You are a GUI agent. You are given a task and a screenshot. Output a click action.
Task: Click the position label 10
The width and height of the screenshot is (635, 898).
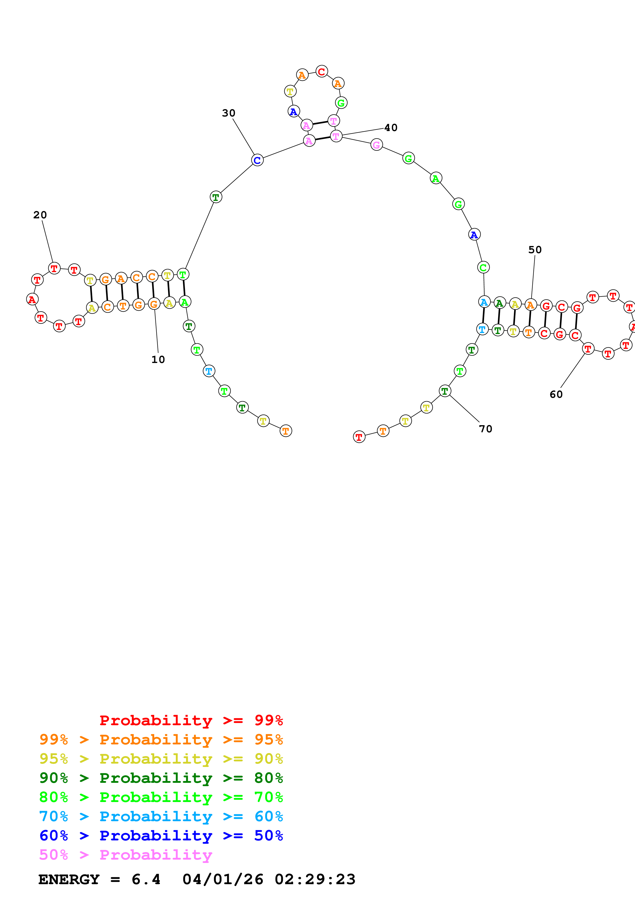(158, 359)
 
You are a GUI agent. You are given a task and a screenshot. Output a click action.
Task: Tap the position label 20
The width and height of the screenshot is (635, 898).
(40, 215)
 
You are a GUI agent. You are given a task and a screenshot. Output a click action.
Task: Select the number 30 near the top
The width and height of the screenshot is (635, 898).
(228, 113)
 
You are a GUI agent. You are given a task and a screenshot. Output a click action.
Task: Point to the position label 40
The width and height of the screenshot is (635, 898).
(390, 127)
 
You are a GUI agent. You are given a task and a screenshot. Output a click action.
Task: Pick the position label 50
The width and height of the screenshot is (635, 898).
(535, 250)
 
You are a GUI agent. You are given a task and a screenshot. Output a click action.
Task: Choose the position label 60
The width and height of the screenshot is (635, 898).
(556, 394)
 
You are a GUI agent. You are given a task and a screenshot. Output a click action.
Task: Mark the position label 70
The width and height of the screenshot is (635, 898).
(486, 429)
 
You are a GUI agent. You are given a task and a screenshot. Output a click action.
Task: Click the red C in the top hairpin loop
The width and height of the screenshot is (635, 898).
(322, 72)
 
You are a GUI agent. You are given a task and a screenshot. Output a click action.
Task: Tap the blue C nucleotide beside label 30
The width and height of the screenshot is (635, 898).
(257, 160)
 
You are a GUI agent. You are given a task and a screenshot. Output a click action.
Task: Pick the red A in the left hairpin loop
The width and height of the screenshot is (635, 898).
(32, 299)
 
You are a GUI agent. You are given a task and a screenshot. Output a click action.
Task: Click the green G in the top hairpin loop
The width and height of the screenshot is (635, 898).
(341, 103)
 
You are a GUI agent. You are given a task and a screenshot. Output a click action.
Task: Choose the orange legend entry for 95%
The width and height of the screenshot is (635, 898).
(161, 740)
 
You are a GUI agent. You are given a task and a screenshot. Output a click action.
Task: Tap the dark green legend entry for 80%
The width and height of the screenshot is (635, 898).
(161, 778)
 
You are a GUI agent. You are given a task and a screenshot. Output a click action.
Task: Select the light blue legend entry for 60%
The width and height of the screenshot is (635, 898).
(161, 816)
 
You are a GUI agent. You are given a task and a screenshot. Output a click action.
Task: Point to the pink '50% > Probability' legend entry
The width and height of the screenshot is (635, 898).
(125, 854)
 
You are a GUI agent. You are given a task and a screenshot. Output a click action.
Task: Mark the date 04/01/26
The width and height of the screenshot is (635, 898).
(223, 879)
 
